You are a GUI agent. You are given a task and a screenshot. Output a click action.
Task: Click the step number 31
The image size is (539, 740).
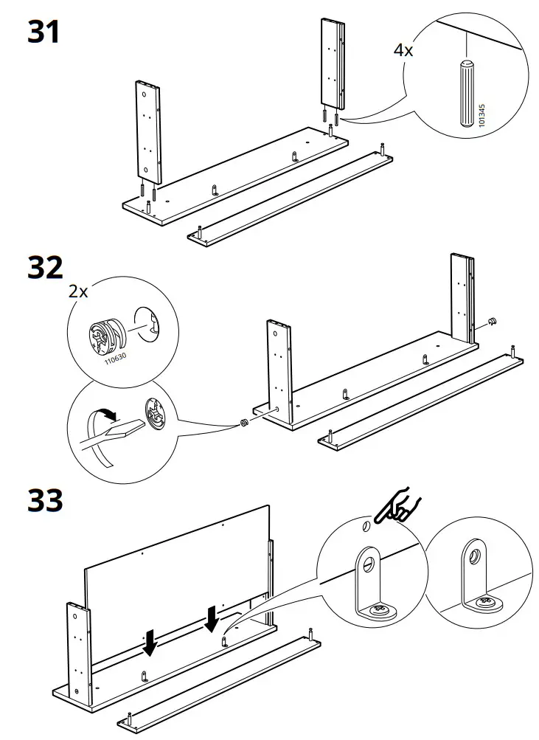[44, 32]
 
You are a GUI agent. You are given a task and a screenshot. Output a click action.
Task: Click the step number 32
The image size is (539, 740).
[45, 269]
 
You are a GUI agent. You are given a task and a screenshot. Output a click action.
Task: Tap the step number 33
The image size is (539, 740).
[45, 501]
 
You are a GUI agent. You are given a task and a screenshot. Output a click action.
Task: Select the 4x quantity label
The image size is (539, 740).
[403, 50]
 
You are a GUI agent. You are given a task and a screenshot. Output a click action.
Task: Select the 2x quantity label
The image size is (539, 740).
[78, 291]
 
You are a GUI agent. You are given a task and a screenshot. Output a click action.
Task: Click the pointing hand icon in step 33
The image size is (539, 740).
[399, 508]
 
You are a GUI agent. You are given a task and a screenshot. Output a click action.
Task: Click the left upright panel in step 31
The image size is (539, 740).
[149, 131]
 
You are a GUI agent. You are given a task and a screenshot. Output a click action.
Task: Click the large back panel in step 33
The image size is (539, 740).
[177, 575]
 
